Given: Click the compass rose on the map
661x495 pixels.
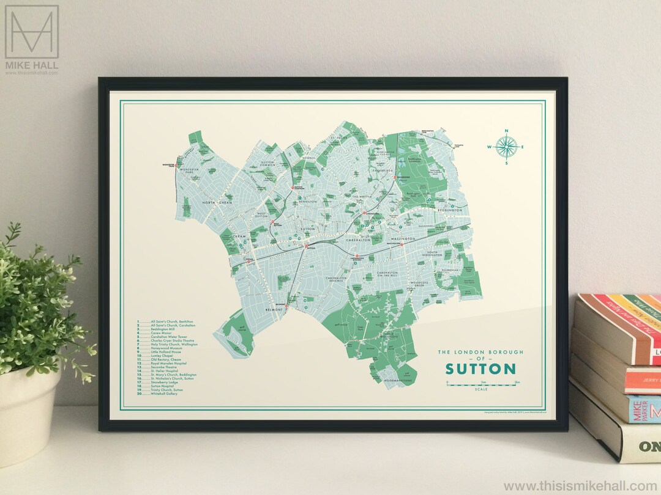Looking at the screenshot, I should [x=506, y=147].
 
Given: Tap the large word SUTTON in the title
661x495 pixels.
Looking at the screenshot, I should [x=480, y=369].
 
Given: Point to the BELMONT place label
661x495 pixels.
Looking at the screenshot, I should [x=275, y=310].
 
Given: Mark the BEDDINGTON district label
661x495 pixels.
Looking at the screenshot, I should [x=449, y=210].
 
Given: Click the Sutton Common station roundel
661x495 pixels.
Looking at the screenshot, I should [x=293, y=188].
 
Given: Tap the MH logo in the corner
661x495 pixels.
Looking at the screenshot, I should [x=32, y=34].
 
